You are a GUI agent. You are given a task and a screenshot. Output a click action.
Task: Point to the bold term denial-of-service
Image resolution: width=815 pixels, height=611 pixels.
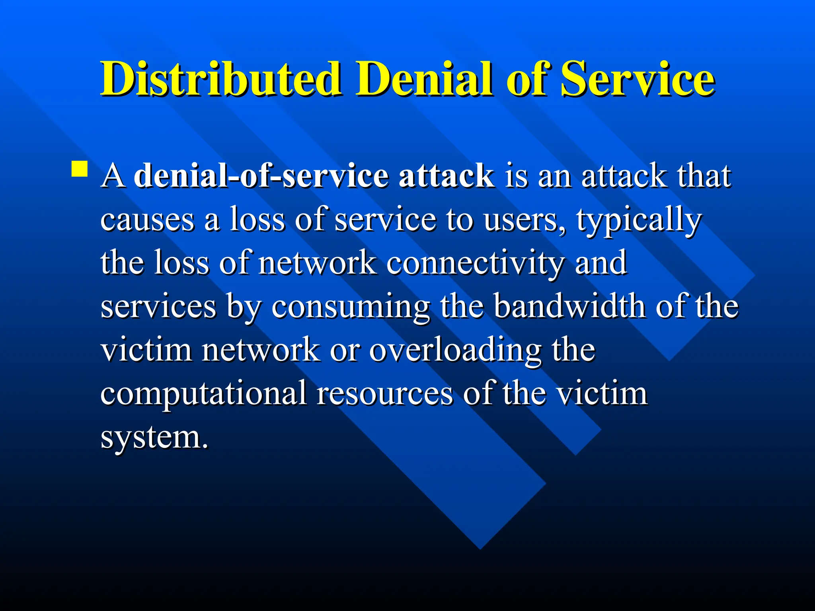click(x=261, y=175)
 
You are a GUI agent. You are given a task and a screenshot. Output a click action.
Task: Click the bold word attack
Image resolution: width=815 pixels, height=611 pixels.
click(x=446, y=175)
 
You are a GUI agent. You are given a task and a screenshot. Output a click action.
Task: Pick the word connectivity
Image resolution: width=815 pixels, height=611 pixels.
click(x=475, y=263)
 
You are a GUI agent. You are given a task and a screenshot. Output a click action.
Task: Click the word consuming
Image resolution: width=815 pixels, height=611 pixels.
click(x=350, y=307)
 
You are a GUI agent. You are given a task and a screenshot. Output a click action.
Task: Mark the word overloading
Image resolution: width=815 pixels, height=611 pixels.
click(x=455, y=351)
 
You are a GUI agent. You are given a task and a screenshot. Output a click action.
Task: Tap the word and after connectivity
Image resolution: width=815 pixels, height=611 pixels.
click(x=601, y=263)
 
